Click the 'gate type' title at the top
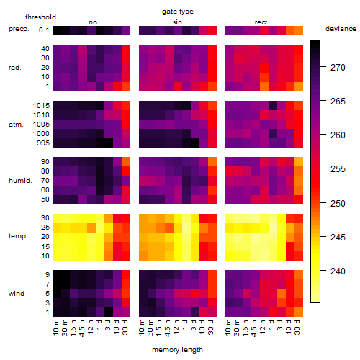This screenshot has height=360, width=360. point(178,12)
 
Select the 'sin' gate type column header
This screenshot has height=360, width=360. point(177,22)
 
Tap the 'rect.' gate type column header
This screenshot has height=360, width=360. point(261,22)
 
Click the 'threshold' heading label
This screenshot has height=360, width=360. point(40,17)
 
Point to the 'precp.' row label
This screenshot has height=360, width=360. point(19,29)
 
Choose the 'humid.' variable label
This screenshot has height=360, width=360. point(20,181)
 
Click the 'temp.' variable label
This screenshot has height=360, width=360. point(18,236)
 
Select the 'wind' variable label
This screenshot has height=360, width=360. point(17,294)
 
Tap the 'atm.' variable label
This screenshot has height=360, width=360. point(16,125)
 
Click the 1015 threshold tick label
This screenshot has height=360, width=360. point(41,105)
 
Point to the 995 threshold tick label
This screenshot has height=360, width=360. point(43,143)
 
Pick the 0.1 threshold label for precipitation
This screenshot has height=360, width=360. point(44,30)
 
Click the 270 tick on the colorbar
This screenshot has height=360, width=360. point(338,68)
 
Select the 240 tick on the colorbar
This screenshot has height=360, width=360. point(338,271)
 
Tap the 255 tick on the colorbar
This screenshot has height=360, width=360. point(338,169)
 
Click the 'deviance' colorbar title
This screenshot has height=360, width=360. point(341,29)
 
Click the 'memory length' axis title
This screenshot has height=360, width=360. point(177,350)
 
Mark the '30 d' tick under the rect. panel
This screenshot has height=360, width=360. point(297,327)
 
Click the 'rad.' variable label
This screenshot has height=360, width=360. point(15,68)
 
